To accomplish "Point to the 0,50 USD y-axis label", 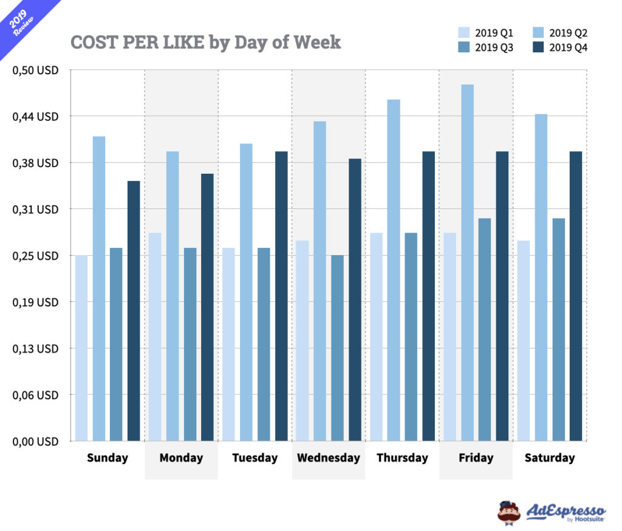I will coord(35,70).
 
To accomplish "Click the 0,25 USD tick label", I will coord(35,256).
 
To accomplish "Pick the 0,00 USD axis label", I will coord(35,441).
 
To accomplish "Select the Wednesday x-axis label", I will coord(328,458).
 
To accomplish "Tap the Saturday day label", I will coord(549,458).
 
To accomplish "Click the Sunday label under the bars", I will coord(108,458).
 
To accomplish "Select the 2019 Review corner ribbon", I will coord(21,21).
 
